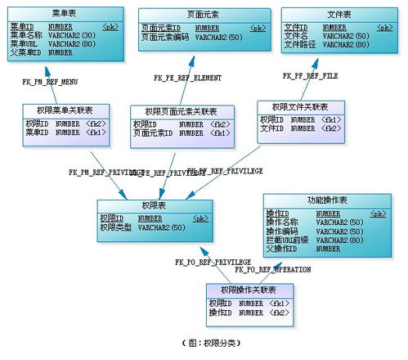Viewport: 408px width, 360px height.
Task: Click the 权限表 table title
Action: coord(155,206)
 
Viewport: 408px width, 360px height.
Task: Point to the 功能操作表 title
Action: coord(328,200)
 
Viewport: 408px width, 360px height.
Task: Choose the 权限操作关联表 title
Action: coord(248,290)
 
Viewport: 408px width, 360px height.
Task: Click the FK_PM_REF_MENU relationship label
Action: coord(50,82)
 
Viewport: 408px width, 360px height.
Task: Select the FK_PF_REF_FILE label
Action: coord(310,75)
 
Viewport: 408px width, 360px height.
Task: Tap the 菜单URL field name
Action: coord(26,44)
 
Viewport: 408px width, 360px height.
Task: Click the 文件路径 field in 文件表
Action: coord(299,45)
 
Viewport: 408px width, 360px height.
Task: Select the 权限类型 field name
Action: coord(115,227)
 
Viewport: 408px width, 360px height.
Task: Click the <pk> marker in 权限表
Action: coord(200,218)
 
